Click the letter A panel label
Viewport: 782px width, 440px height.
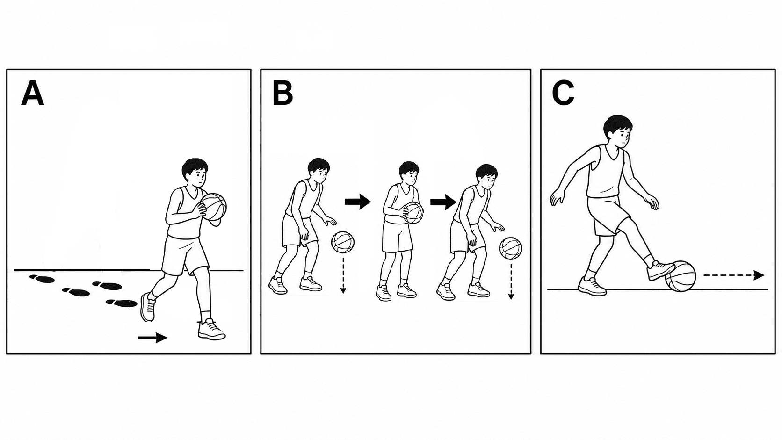tap(32, 93)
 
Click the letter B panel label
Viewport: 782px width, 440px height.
tap(282, 93)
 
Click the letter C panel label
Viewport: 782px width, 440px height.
tap(563, 93)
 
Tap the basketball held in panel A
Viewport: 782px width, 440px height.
tap(213, 207)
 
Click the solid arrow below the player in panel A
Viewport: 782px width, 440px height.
tap(152, 338)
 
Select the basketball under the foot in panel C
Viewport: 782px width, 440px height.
tap(681, 276)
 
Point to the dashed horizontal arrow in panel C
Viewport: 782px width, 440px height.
tap(734, 275)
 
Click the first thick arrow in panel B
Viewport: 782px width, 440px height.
tap(357, 202)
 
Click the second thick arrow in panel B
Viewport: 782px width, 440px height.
tap(443, 202)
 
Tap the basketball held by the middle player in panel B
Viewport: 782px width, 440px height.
tap(413, 212)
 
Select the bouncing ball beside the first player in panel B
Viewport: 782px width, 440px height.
tap(342, 242)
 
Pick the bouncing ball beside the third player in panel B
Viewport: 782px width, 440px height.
tap(511, 248)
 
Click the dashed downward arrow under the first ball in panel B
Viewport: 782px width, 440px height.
tap(343, 275)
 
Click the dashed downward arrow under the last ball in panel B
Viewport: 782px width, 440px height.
tap(511, 281)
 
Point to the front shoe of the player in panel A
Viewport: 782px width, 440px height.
tap(211, 329)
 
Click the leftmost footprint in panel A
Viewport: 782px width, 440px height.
tap(42, 278)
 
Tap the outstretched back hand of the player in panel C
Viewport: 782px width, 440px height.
tap(557, 198)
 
